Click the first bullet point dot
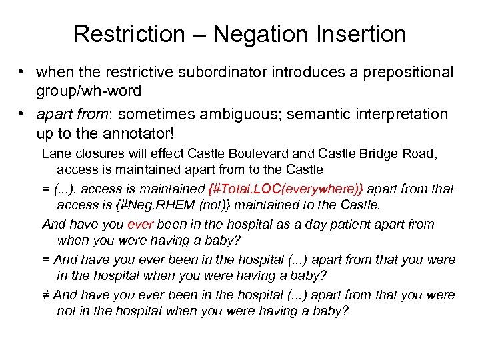coord(23,72)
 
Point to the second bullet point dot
coord(23,115)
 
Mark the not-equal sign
coord(46,295)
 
